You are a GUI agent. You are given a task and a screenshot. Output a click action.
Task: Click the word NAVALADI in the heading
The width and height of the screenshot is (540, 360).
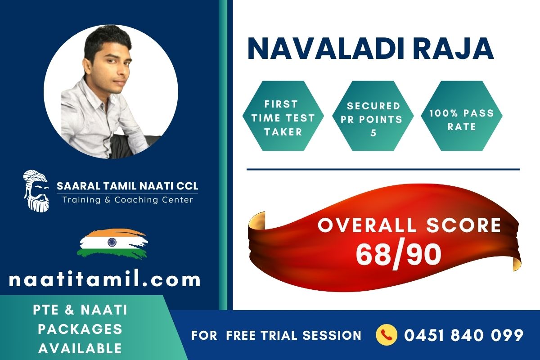(326, 49)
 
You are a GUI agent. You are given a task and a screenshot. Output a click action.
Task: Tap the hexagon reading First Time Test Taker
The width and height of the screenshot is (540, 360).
(283, 116)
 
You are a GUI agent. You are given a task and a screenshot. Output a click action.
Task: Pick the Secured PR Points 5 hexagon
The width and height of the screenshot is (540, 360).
(373, 116)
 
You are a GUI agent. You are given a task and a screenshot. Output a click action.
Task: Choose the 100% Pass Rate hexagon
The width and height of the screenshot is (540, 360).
(462, 116)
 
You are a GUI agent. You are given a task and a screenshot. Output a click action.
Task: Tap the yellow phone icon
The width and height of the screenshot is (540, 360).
(387, 335)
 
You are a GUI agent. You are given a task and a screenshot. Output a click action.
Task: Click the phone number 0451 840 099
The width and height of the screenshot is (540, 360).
(464, 335)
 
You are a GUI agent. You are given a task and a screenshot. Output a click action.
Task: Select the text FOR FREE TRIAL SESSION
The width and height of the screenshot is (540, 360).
(276, 335)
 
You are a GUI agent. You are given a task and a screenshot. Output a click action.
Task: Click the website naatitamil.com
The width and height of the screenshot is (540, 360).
(104, 280)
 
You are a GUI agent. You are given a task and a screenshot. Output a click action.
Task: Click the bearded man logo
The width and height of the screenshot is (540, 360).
(36, 191)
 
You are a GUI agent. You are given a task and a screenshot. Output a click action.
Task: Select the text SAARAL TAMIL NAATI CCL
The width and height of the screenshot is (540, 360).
(127, 186)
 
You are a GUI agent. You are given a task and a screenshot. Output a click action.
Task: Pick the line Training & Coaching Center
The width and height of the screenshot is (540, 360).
(128, 200)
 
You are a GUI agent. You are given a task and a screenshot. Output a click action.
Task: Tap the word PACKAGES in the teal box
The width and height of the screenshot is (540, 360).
(80, 329)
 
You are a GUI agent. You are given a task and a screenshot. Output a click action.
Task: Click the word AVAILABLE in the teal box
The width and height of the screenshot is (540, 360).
(80, 348)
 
